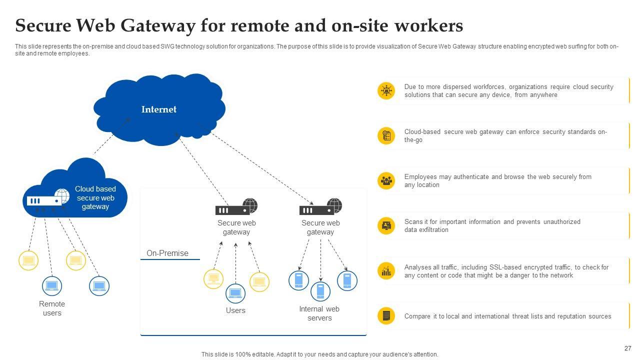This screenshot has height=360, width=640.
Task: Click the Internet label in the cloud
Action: click(158, 109)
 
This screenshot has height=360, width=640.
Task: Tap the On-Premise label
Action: click(167, 253)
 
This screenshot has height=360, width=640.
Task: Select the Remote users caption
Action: click(52, 308)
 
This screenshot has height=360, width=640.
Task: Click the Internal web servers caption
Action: click(319, 313)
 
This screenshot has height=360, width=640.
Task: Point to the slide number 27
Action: click(627, 348)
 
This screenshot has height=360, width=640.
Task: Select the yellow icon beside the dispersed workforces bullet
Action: click(386, 90)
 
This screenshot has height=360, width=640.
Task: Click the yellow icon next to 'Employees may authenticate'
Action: click(386, 180)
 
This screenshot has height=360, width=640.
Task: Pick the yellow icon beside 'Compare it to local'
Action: click(386, 316)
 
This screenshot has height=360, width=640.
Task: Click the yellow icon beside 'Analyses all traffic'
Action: click(386, 271)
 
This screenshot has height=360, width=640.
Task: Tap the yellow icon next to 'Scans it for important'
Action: click(386, 225)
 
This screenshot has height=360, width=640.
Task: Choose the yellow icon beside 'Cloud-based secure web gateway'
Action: click(386, 135)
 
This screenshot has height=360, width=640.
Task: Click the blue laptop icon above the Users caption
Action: click(235, 293)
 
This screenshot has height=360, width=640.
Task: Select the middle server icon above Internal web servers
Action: click(320, 290)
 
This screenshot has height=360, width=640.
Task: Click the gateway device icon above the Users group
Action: click(236, 207)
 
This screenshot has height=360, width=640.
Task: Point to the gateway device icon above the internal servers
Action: click(320, 207)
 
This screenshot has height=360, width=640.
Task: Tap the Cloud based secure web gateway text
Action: click(95, 198)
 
